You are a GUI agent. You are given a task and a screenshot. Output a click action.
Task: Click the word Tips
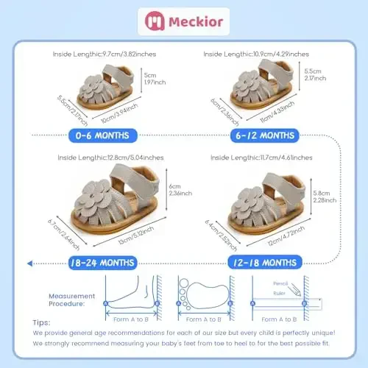coord(42,322)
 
